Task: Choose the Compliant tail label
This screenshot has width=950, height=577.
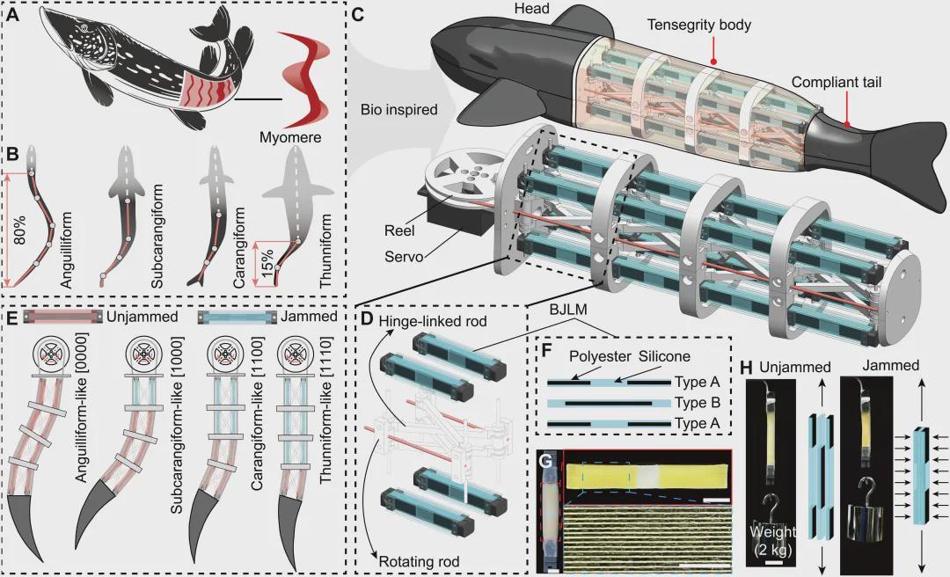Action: pyautogui.click(x=837, y=83)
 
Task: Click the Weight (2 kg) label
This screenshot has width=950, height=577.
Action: pyautogui.click(x=773, y=543)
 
